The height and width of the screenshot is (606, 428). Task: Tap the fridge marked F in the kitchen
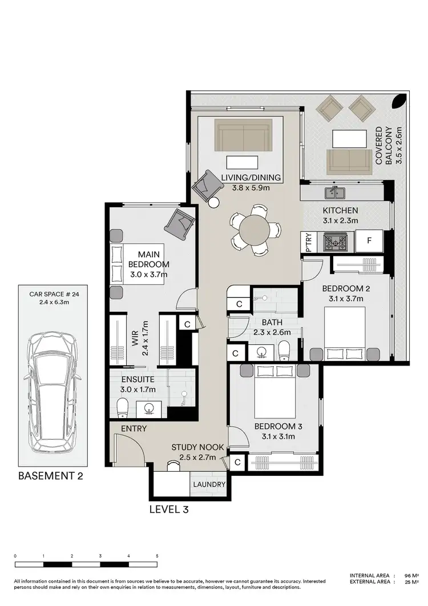(369, 241)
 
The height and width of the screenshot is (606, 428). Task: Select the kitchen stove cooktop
(334, 242)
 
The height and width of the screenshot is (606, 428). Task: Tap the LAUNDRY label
(209, 484)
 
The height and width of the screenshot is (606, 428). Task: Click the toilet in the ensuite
(122, 407)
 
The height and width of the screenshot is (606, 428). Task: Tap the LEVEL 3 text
(168, 509)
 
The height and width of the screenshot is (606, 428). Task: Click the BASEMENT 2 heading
(51, 476)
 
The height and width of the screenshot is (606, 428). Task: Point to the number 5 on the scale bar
(157, 555)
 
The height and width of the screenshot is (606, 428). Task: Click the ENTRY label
(134, 428)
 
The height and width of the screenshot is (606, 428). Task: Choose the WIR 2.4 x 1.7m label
(140, 338)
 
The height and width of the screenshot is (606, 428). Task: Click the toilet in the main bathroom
(284, 350)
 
